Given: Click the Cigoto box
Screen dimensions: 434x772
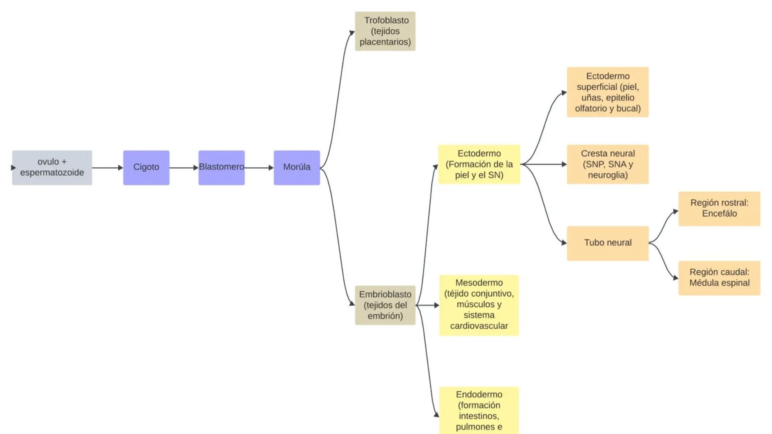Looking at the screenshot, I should pos(146,168).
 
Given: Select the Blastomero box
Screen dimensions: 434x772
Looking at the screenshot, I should pos(221,168).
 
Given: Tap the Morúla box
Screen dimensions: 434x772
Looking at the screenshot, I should pos(297,168).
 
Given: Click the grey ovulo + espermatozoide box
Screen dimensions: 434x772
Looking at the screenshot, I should pos(52,168).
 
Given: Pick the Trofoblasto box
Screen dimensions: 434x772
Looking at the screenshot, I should pos(385,31).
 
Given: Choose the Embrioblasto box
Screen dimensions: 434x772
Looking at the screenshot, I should pos(385,305).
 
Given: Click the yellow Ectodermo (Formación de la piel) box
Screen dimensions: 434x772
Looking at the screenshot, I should pos(479,164).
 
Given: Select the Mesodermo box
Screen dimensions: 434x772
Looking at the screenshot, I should pos(479,305).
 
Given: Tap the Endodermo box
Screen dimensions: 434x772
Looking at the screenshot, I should pos(479,410).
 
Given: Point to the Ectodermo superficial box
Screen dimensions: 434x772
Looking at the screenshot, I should pos(608,92).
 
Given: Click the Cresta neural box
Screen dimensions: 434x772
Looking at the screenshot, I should pos(608,164).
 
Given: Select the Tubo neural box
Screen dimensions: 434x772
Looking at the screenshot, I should pos(608,243).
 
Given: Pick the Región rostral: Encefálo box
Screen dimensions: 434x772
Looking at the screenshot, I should pos(719,209).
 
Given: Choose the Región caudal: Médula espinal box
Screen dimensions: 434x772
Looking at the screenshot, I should pos(719,278).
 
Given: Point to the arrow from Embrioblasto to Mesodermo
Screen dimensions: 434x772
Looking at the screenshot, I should pos(427,305).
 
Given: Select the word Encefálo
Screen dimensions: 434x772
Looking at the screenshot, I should pos(719,214).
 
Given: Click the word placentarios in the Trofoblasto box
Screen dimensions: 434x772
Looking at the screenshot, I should pos(385,42).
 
